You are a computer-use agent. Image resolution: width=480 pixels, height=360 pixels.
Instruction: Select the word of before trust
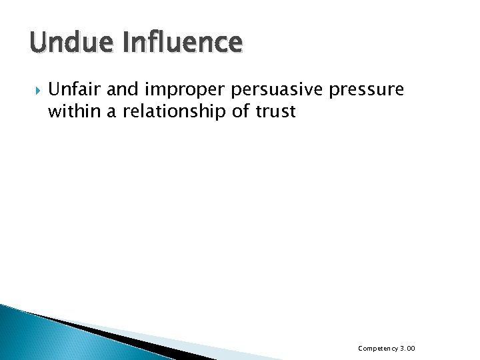239,111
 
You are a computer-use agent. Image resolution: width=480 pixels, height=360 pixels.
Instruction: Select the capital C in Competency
361,347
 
